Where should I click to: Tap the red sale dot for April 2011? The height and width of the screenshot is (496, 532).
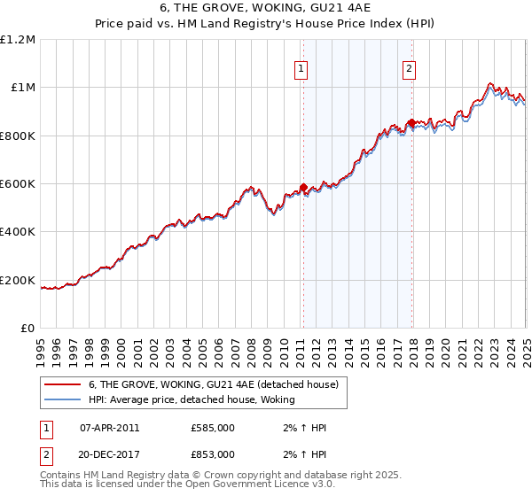303,187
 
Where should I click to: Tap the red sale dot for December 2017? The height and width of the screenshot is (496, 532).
411,122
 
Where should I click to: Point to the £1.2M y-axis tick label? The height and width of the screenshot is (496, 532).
18,39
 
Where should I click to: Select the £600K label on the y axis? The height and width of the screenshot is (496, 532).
18,184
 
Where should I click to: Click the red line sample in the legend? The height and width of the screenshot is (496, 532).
63,384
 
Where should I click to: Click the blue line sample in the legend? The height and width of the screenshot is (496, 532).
63,400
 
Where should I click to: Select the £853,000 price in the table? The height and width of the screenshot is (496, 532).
212,453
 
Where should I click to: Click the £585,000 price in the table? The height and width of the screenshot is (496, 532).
212,428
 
